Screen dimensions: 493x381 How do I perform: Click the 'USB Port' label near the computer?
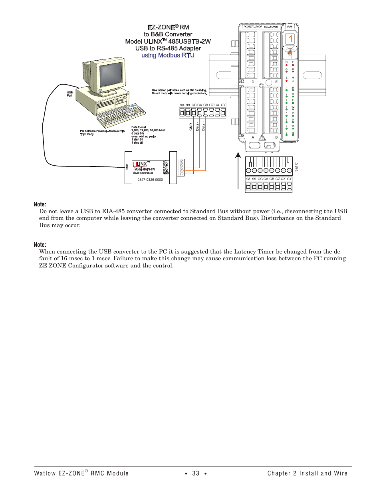coord(70,94)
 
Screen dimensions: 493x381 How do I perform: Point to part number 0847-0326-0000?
coord(150,180)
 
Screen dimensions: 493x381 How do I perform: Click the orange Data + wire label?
coord(203,126)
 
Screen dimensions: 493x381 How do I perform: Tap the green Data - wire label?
coord(197,126)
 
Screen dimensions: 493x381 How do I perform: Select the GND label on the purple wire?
coord(191,127)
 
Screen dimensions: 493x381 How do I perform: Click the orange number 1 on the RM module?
coord(291,39)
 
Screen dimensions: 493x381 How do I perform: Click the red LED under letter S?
coord(286,81)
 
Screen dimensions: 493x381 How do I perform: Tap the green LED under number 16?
coord(293,135)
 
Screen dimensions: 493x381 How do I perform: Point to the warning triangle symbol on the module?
coord(262,137)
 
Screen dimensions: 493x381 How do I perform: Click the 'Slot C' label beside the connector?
coord(296,167)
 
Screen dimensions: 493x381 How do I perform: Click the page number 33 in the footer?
coord(196,473)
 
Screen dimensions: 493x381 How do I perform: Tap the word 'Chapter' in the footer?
coord(279,473)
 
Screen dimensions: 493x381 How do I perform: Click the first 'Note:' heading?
coord(40,204)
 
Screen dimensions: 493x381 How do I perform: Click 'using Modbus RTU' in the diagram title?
coord(168,55)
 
